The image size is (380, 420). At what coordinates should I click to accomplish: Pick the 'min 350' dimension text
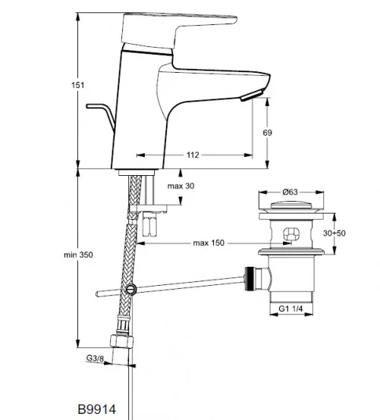pos(77,255)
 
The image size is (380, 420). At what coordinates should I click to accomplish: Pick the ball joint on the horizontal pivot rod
pos(132,288)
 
